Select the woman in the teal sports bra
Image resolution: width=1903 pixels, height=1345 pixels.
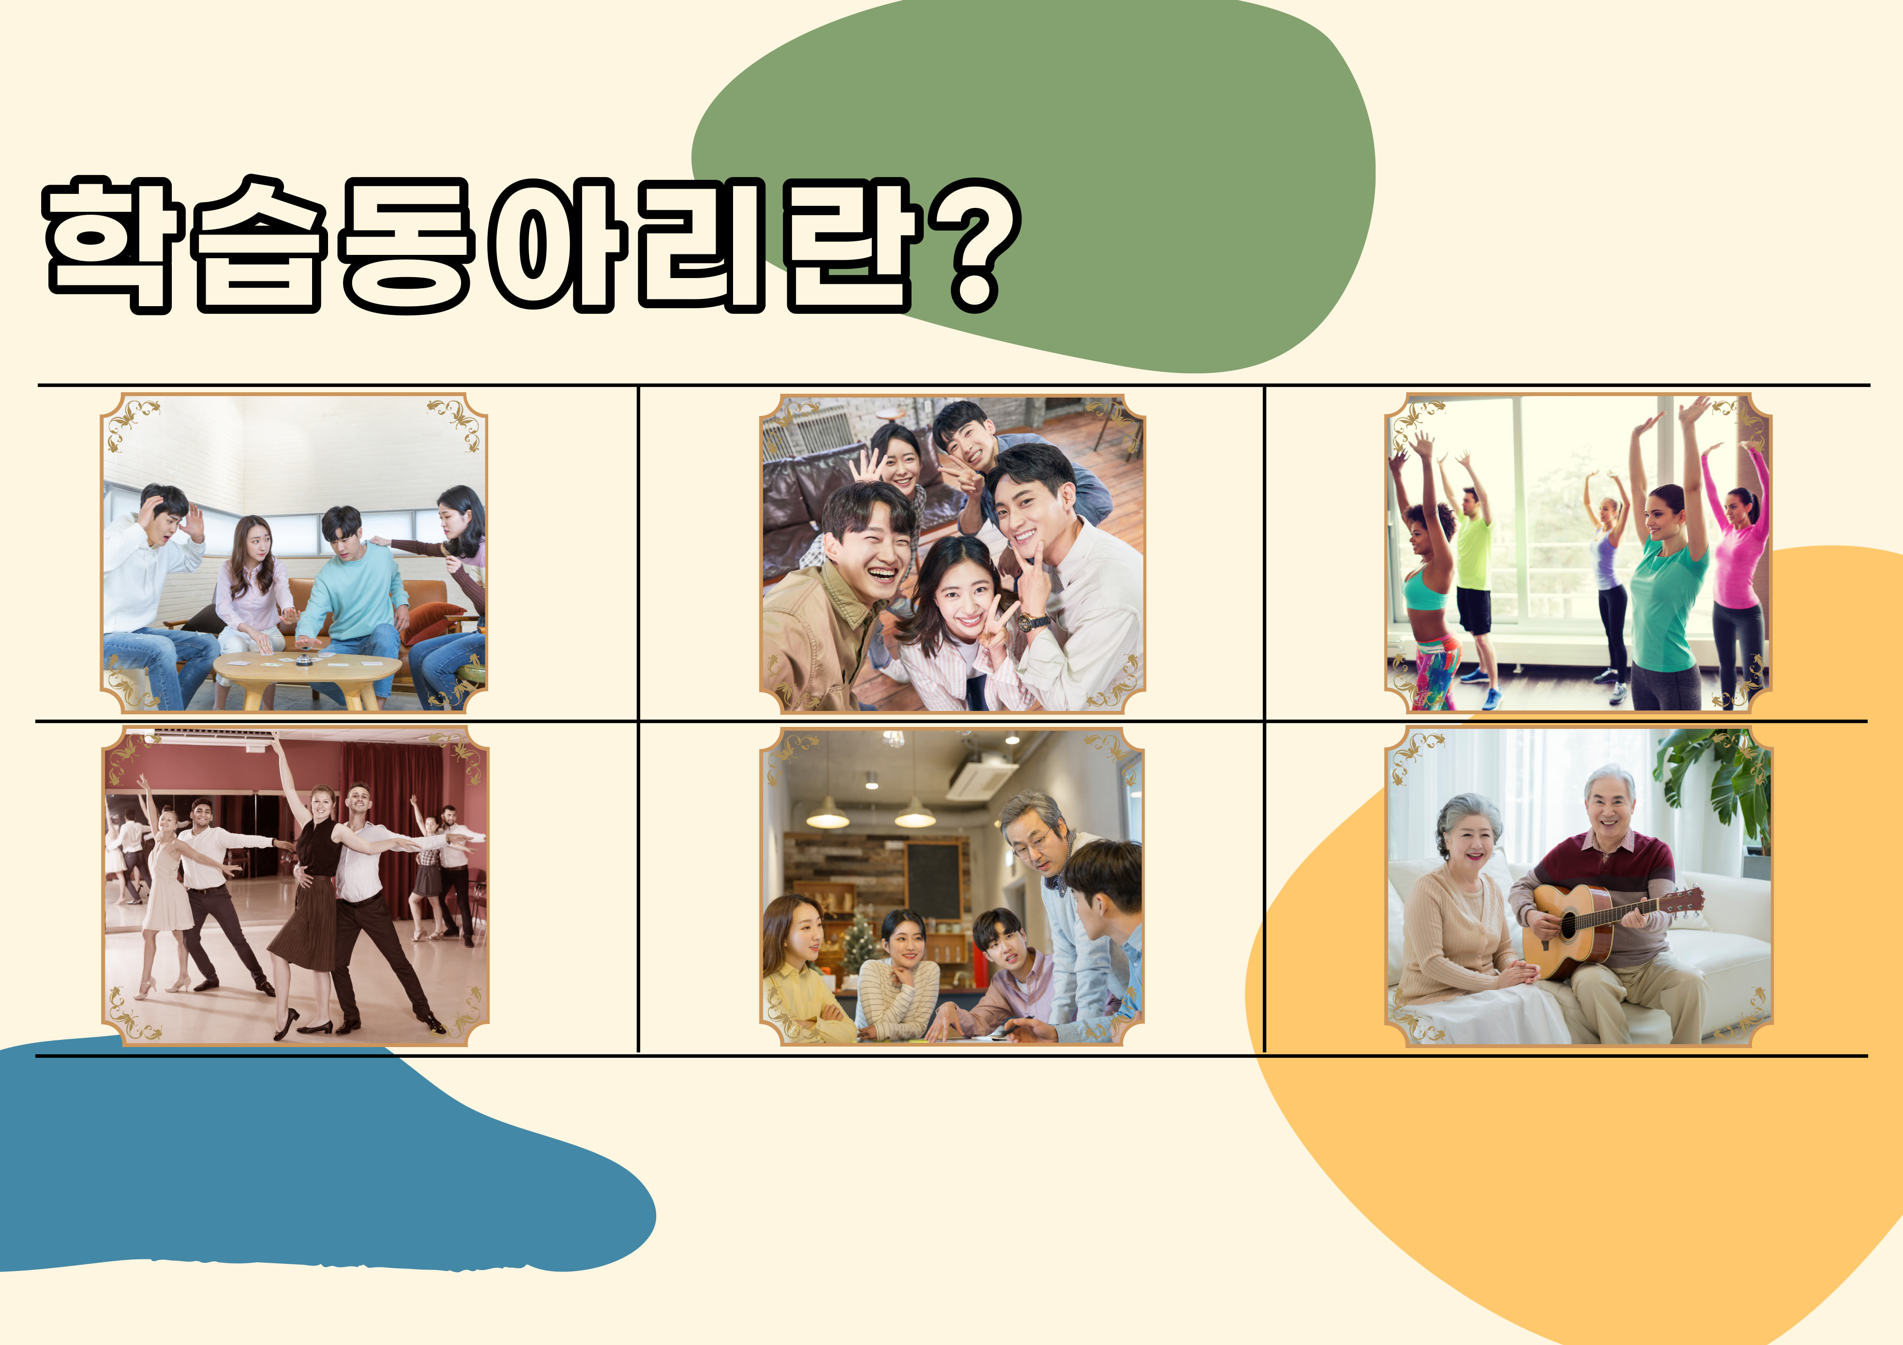pos(1425,580)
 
